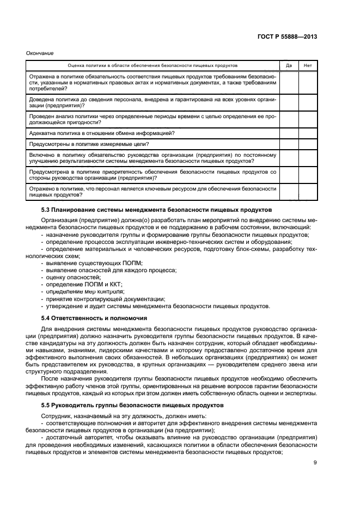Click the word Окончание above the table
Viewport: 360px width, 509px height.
pyautogui.click(x=40, y=53)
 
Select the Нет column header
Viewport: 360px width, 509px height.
pyautogui.click(x=308, y=65)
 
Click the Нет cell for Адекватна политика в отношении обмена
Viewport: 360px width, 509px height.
pyautogui.click(x=308, y=133)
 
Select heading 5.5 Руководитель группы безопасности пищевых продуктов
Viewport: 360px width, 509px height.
pyautogui.click(x=127, y=405)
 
